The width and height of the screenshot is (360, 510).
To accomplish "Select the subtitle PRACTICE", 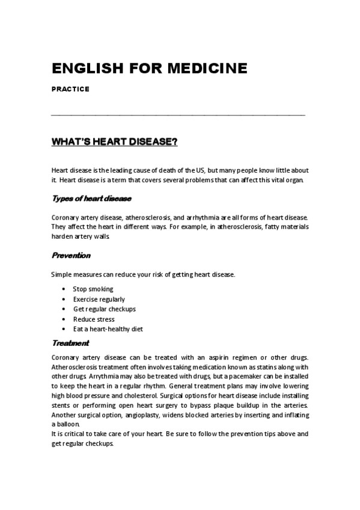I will point(70,89).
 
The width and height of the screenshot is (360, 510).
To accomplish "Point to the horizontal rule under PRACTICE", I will point(178,114).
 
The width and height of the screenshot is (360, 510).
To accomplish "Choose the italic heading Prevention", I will point(71,255).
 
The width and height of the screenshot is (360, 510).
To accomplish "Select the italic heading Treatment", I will point(70,343).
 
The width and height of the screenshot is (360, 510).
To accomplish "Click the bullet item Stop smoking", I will point(93,289).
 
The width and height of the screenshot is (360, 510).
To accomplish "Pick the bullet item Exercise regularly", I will point(99,299).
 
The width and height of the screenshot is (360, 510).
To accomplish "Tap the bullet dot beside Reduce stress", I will point(64,319).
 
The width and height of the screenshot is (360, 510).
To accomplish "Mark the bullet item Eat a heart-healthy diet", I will point(108,329).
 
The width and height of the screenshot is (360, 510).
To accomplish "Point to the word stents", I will point(61,406).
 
